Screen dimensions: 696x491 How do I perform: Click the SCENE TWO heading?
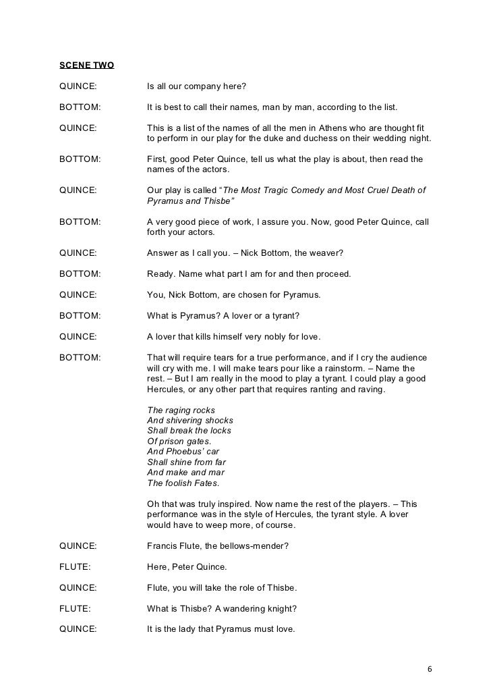(86, 65)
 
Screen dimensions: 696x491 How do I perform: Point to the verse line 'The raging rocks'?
(181, 410)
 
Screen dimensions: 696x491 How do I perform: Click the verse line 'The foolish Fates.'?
(183, 483)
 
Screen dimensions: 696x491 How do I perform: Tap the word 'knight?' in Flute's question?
(280, 608)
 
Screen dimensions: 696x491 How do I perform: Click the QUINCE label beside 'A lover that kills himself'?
(78, 336)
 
